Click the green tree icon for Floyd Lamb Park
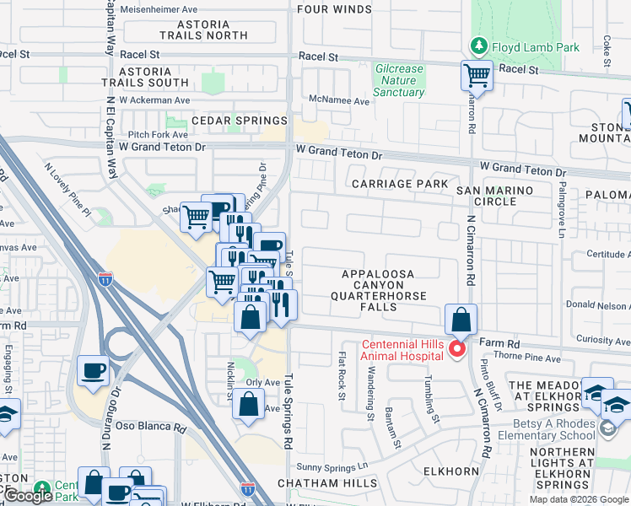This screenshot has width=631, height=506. point(478,47)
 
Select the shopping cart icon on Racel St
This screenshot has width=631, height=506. point(477,75)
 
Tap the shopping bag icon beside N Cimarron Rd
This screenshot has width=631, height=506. point(461,320)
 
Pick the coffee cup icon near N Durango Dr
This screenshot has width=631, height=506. point(93,369)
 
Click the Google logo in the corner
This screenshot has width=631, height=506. point(28,496)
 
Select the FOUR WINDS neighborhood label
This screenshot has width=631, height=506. point(334,9)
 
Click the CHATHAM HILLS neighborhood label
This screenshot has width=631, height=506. point(330,483)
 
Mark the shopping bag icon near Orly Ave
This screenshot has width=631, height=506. point(249,404)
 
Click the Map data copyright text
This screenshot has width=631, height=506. point(579,499)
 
